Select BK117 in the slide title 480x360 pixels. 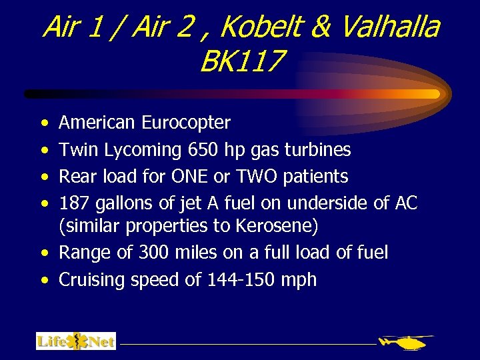coord(241,62)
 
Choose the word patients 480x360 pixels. coord(317,177)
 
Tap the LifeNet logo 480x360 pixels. coord(76,341)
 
